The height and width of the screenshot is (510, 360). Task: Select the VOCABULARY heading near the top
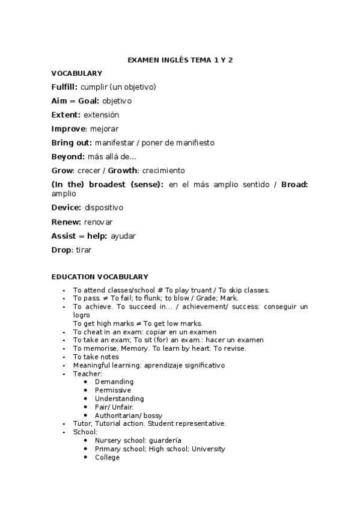(76, 73)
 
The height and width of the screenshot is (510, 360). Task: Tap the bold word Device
(66, 207)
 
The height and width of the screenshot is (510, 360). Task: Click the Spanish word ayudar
(123, 236)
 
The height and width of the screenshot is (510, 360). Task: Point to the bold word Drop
(61, 250)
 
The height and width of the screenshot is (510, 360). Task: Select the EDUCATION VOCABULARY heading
(100, 277)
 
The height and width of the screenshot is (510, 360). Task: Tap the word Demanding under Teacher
(114, 382)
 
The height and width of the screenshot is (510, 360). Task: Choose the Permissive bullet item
(112, 390)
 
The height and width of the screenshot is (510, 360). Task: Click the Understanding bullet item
(119, 399)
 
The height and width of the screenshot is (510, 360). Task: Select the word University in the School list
(208, 449)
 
